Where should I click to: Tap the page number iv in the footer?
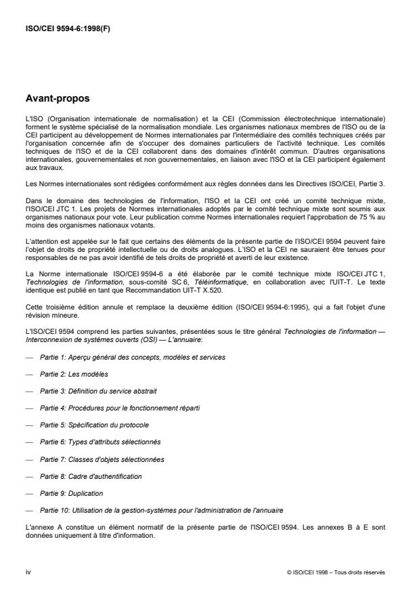28,572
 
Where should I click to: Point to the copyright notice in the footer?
336,572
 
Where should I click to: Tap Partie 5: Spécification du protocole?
96,425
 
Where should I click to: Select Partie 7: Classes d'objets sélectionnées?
104,459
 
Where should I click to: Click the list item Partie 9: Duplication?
75,493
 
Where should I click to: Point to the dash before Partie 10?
28,511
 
